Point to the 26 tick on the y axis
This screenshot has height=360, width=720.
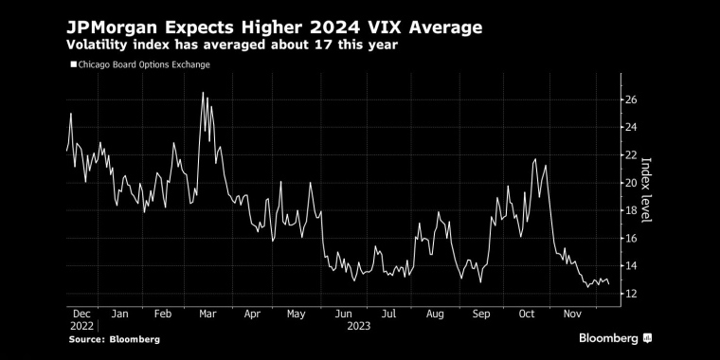(x=630, y=99)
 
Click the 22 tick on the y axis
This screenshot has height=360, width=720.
(x=630, y=154)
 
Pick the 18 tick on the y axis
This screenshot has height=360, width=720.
(x=630, y=210)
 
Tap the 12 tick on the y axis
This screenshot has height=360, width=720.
(x=630, y=295)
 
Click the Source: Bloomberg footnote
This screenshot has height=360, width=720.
(x=113, y=339)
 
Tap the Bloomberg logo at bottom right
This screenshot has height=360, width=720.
(x=615, y=338)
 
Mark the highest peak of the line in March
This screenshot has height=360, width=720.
(x=203, y=93)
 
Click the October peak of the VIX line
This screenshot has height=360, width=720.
(x=536, y=159)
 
